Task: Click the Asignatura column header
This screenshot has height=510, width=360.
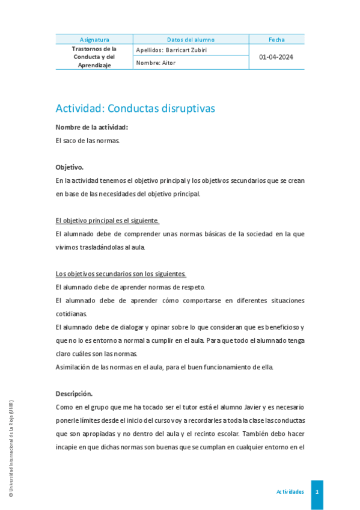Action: tap(94, 40)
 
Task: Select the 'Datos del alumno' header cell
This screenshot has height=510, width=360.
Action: tap(191, 40)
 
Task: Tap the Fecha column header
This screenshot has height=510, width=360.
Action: tap(276, 40)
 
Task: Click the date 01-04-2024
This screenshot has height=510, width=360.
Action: tap(276, 57)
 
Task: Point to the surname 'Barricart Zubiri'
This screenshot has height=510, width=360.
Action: tap(186, 51)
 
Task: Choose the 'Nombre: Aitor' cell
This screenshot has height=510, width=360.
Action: tap(156, 63)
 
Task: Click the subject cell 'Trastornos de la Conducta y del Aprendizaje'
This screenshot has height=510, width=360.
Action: tap(94, 57)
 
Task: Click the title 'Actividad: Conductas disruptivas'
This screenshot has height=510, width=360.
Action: tap(135, 109)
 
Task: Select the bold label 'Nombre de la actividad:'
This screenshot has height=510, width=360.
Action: tap(91, 127)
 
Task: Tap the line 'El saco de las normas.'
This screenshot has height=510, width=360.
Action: tap(88, 141)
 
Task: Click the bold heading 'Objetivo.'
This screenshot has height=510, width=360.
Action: tap(70, 167)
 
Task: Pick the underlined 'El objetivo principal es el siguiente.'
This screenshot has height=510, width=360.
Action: tap(107, 221)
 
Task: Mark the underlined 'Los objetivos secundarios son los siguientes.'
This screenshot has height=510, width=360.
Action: tap(121, 274)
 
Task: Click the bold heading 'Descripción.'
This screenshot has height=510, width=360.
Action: tap(74, 394)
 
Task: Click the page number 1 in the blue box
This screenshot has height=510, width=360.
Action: tap(317, 492)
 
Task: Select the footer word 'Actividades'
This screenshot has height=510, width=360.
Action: tap(290, 492)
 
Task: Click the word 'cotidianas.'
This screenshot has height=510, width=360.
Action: tap(71, 313)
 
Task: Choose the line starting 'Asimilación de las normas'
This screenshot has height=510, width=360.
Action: tap(164, 367)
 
